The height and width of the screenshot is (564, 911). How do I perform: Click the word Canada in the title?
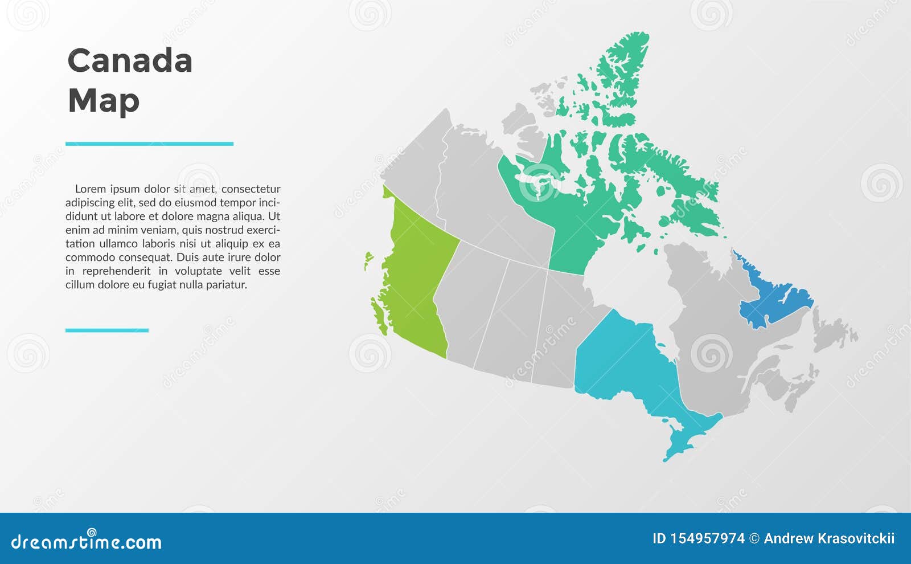coord(130,60)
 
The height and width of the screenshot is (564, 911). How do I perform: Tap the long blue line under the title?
coord(149,144)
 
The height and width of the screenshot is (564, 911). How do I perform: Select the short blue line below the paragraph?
coord(107,330)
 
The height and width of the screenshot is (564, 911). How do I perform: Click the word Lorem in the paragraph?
coord(91,189)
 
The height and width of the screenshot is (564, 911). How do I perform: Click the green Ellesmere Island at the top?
coord(622,69)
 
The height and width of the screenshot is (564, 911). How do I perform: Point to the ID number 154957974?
coord(707,539)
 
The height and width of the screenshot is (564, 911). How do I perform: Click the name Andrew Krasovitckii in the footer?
coord(829,539)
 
